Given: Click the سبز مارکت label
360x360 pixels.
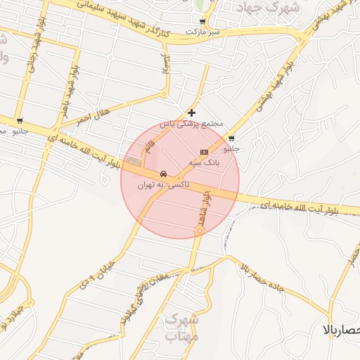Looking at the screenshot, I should (x=202, y=32).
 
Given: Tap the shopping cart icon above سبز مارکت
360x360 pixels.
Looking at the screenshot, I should (x=203, y=22).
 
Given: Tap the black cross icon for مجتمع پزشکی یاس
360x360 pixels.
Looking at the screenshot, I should (x=192, y=112).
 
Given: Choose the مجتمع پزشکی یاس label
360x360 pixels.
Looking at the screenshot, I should (x=191, y=124).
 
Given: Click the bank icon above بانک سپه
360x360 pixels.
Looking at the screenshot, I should (x=204, y=152).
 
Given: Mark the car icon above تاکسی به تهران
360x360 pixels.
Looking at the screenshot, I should (x=163, y=174).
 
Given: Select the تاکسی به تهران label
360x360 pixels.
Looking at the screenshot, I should (x=155, y=185).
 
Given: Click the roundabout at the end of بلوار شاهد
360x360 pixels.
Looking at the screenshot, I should (x=200, y=230).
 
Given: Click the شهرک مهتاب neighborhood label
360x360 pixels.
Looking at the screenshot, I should (x=184, y=328).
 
